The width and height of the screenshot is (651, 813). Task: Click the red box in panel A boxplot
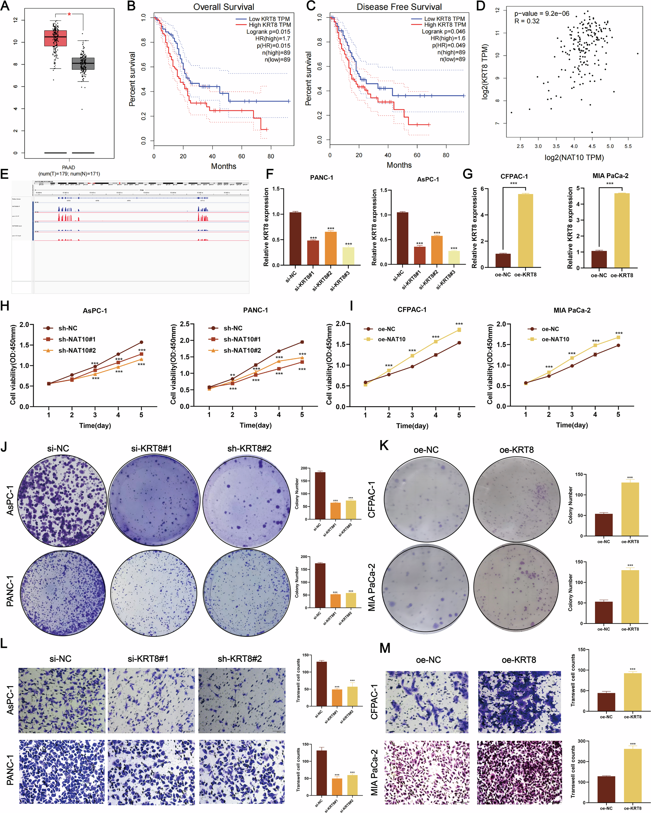[x=55, y=38]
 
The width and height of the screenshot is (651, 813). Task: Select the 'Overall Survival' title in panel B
[x=223, y=7]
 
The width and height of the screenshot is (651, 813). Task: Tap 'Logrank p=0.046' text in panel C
[x=443, y=31]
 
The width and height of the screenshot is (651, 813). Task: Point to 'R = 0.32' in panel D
[x=526, y=21]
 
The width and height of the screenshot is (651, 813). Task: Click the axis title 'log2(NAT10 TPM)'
[x=574, y=157]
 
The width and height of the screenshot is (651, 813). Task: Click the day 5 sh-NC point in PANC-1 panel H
[x=302, y=342]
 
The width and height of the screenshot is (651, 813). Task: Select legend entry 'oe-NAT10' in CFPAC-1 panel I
[x=391, y=339]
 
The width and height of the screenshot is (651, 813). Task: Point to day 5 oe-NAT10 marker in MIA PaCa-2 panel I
[x=618, y=337]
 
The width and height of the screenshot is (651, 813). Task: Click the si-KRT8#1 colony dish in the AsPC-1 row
[x=154, y=500]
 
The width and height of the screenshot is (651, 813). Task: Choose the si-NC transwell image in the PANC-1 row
[x=62, y=771]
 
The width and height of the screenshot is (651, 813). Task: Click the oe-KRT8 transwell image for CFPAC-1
[x=519, y=702]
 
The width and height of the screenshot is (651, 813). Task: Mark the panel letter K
[x=383, y=445]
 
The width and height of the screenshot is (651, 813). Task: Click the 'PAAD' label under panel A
[x=68, y=167]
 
